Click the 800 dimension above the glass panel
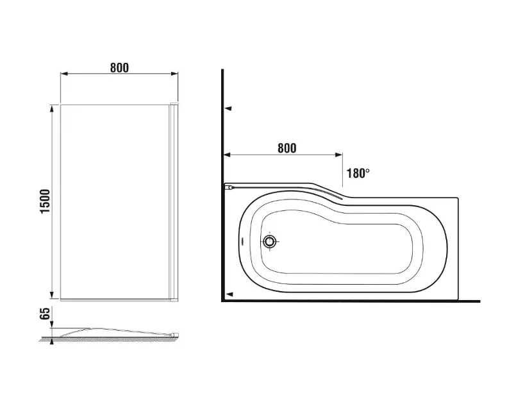[119, 67]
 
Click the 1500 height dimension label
[45, 201]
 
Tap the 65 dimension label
[45, 313]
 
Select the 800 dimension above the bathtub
[287, 148]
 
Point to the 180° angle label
[358, 173]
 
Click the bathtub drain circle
[270, 241]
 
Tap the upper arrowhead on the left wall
[228, 108]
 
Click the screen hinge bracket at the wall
[229, 187]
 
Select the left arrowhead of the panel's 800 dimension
[64, 73]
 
